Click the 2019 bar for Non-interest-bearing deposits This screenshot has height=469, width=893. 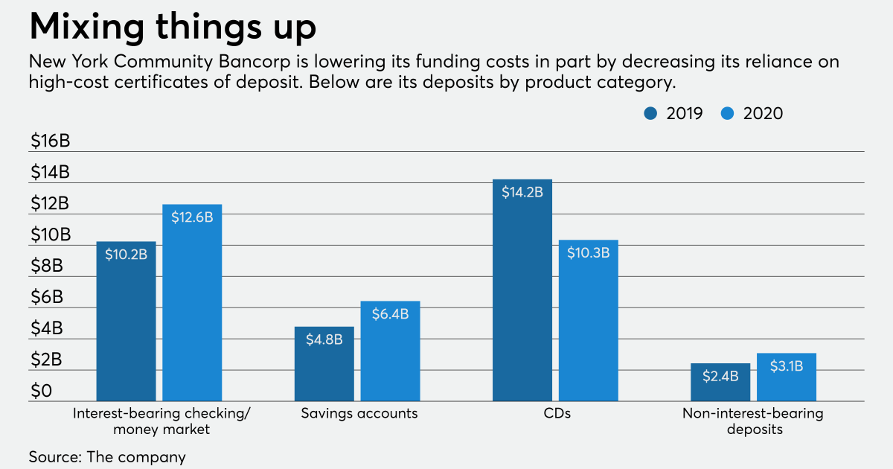point(720,383)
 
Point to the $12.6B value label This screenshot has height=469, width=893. point(192,217)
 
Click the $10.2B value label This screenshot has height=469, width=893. point(126,255)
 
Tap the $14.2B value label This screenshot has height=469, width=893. point(522,192)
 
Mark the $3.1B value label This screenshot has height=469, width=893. point(787,366)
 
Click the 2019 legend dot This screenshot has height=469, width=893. point(651,114)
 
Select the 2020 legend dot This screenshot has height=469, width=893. point(728,114)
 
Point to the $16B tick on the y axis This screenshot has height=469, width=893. point(49,141)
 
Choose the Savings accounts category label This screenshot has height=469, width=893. point(359,413)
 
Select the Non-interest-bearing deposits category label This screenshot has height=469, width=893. point(753,421)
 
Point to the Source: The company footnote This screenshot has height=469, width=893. point(107,456)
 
